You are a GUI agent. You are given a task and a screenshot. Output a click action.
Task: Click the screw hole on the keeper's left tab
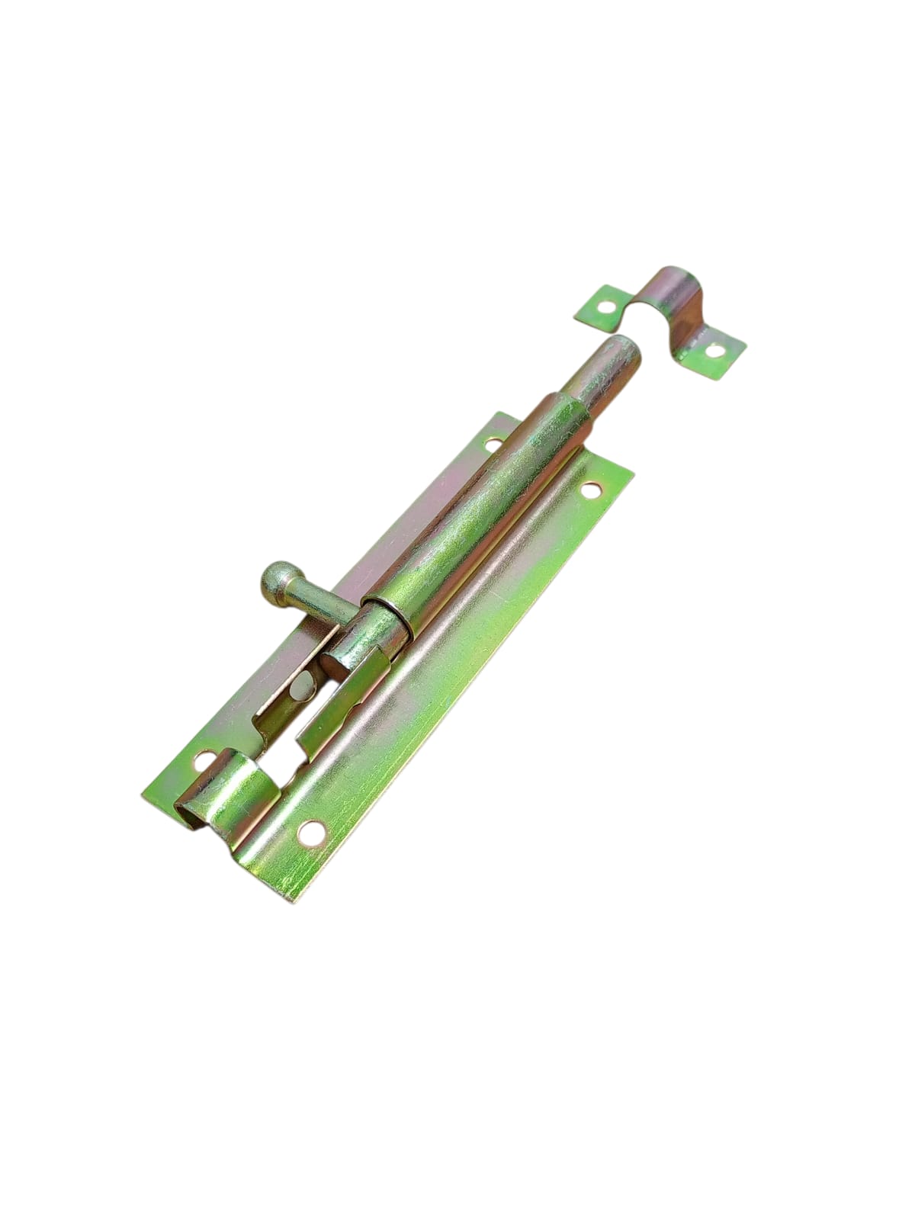[607, 309]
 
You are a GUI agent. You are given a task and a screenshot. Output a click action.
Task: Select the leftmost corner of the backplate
[143, 793]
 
